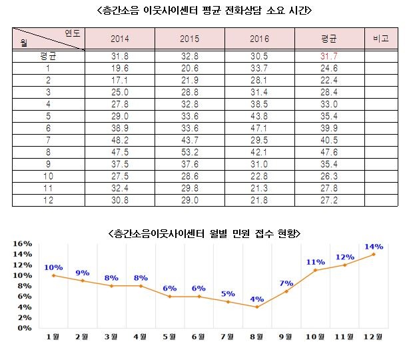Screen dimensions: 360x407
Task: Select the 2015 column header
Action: tap(190, 39)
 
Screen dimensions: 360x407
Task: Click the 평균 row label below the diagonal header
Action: tap(48, 56)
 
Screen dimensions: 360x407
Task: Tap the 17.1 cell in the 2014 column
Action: tap(120, 79)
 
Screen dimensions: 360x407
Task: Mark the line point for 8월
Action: tap(257, 307)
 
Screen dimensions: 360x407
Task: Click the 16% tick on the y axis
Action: tap(23, 243)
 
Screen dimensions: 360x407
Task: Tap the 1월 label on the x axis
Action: tap(53, 337)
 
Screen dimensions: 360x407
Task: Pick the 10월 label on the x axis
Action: tap(316, 337)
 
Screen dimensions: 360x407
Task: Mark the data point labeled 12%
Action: tap(345, 265)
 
